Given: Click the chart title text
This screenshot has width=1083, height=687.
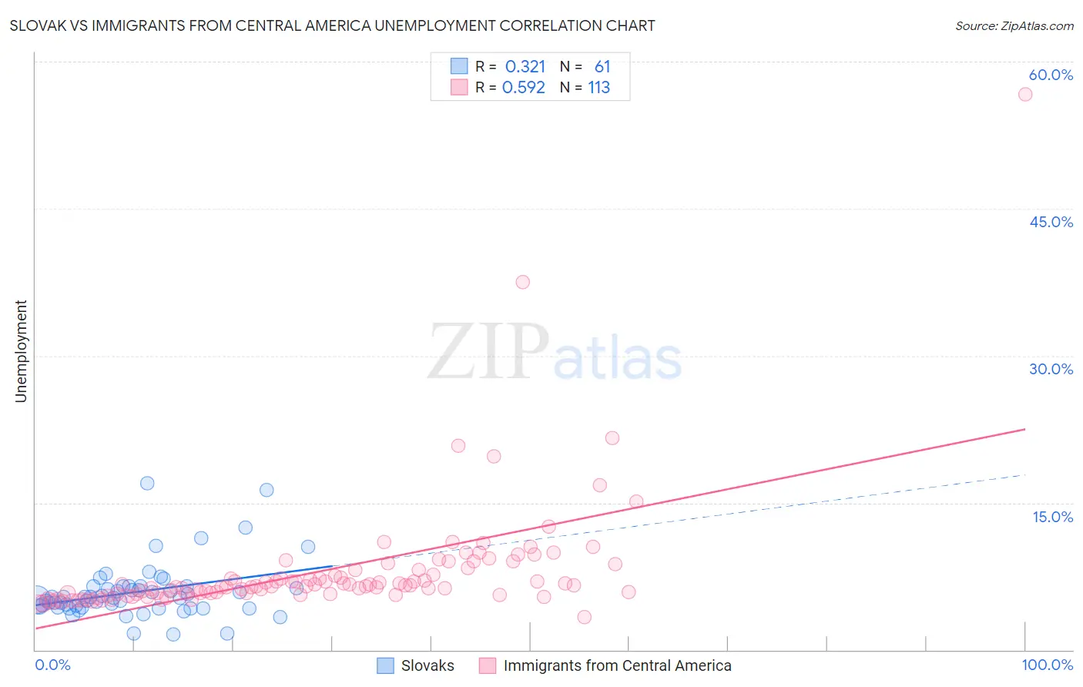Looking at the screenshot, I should click(x=332, y=25).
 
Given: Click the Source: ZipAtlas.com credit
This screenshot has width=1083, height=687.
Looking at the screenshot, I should click(x=1014, y=25).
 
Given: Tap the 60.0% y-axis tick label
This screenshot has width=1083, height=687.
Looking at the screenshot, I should click(x=1051, y=75).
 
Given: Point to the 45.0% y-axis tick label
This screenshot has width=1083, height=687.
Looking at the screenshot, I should click(x=1051, y=222).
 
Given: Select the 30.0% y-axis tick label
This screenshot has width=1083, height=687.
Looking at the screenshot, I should click(x=1051, y=369).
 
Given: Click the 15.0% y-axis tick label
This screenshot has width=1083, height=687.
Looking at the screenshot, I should click(x=1052, y=516).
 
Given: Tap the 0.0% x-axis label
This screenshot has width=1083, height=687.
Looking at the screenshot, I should click(x=52, y=665).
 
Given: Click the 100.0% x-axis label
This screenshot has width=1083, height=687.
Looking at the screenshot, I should click(x=1047, y=665).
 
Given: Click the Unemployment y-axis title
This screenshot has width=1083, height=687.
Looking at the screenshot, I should click(x=21, y=351).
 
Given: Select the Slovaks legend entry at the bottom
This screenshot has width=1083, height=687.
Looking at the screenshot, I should click(x=416, y=665).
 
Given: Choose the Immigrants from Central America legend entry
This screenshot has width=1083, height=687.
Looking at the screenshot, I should click(x=605, y=665).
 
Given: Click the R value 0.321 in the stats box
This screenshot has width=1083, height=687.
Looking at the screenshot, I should click(x=525, y=67).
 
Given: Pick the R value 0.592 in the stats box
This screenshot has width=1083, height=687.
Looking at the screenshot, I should click(x=524, y=88).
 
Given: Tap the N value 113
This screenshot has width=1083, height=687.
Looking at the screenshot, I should click(x=598, y=88).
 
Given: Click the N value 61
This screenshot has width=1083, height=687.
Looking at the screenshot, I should click(x=602, y=67).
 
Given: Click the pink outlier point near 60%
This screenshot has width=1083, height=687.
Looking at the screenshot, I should click(x=1024, y=94).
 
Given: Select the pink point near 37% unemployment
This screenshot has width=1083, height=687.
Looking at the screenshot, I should click(x=522, y=282).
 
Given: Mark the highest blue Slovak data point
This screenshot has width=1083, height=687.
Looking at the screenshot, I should click(x=147, y=483).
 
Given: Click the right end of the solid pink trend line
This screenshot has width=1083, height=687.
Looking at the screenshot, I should click(x=1025, y=429).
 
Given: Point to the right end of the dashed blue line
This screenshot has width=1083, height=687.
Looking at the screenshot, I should click(x=1025, y=474).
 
